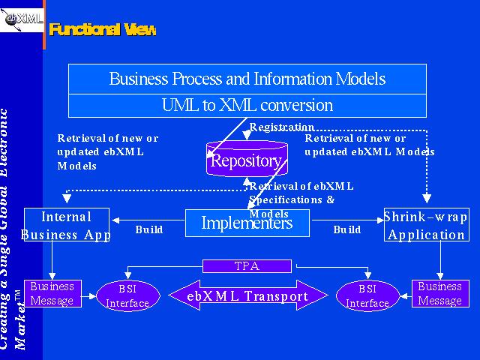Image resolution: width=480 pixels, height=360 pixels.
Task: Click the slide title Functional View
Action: (x=103, y=29)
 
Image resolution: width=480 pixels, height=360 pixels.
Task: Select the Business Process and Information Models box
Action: (x=247, y=79)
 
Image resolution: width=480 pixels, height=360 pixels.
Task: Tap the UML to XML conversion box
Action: (x=247, y=105)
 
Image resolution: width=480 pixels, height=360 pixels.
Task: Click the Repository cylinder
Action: (x=247, y=159)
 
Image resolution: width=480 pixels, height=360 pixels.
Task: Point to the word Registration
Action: (x=281, y=127)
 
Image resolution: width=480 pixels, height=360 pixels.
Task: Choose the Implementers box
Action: (x=247, y=223)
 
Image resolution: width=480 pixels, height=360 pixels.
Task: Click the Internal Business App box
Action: (x=67, y=226)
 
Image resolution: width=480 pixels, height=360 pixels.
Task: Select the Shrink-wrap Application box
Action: (x=425, y=226)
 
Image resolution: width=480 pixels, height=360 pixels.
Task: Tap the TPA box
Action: (x=247, y=265)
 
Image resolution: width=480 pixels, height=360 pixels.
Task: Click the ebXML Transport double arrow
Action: (x=247, y=296)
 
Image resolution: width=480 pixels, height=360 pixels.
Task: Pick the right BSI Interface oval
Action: (x=367, y=295)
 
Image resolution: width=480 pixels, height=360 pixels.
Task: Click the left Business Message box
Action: (x=52, y=293)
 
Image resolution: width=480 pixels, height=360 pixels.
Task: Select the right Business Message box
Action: (x=439, y=293)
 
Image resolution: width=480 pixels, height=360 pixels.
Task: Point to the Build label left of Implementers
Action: (x=149, y=229)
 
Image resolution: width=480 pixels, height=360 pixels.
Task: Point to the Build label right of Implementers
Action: (x=347, y=229)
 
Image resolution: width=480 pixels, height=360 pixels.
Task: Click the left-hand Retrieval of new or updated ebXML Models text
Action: (x=107, y=152)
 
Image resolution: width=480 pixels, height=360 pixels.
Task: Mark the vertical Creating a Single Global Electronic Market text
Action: (x=15, y=225)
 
